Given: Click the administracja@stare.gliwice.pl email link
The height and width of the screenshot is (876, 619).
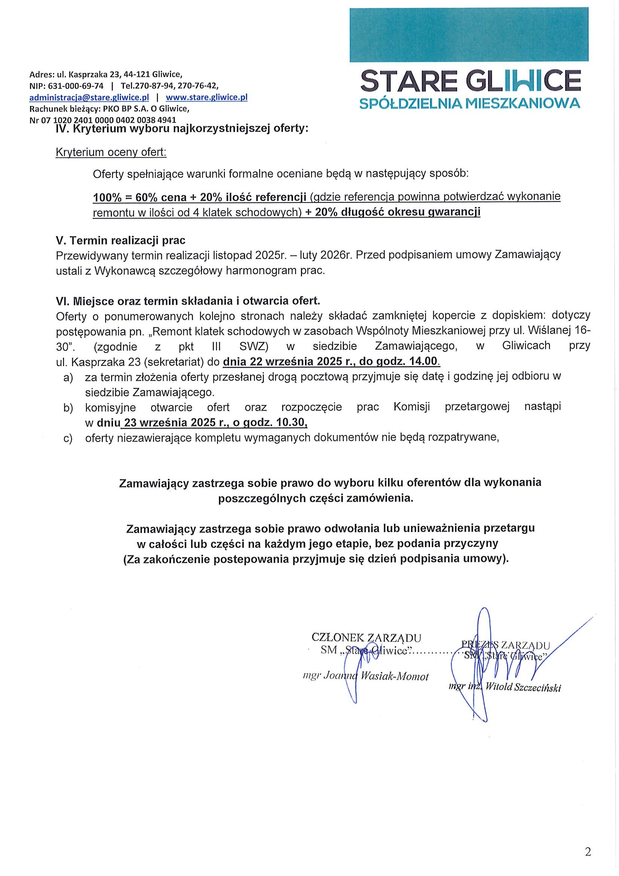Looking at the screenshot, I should (89, 97).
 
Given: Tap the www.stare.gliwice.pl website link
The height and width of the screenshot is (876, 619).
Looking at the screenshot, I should (206, 97).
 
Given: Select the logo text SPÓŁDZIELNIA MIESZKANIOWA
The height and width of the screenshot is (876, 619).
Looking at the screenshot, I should (470, 103).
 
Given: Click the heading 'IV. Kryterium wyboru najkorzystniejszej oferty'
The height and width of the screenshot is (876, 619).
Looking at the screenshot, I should (182, 128).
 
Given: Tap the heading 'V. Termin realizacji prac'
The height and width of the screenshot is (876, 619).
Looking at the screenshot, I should (121, 240).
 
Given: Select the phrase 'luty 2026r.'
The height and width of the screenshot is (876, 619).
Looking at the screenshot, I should (326, 255).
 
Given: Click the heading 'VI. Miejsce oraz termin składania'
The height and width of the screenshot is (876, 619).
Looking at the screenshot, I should (187, 301).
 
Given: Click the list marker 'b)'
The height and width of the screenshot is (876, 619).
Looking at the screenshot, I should (68, 408).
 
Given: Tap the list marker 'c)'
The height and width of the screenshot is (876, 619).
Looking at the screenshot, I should (68, 438).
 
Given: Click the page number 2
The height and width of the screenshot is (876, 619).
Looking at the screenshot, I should (588, 852).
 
